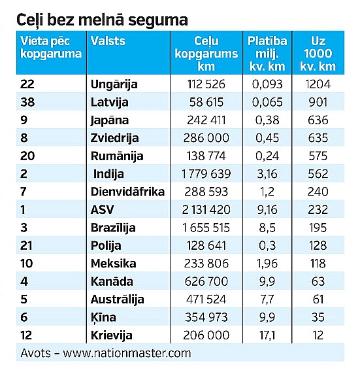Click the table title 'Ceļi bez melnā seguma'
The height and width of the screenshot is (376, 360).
102,20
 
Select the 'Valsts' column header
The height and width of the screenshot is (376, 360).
108,41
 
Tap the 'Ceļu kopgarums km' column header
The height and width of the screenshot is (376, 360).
206,54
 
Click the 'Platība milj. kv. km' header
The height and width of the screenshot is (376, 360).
267,54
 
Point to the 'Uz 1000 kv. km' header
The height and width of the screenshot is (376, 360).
318,54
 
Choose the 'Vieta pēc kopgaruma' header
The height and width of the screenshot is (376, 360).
51,48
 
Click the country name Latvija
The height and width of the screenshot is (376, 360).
110,103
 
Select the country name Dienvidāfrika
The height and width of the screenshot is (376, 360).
127,192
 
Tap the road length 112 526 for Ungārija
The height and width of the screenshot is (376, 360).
206,84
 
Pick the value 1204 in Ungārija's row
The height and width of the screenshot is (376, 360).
318,84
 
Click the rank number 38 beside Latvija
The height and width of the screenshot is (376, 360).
27,102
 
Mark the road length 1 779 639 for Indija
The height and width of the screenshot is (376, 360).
206,174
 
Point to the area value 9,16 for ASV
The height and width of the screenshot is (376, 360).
267,210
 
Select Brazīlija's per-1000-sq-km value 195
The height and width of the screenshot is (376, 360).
318,228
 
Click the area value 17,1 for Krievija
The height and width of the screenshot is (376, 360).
267,335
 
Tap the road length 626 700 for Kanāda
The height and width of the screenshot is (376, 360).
206,281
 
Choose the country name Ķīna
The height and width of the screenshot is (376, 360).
103,318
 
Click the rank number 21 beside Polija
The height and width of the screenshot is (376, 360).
26,246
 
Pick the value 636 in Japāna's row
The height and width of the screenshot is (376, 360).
318,120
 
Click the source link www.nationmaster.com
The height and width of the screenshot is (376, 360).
127,353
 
